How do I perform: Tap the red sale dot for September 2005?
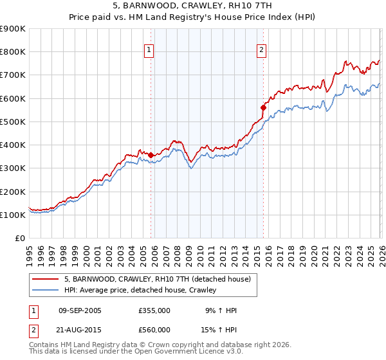click(151, 155)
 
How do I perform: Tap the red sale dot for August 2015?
click(263, 107)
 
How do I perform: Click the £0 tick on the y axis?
click(19, 238)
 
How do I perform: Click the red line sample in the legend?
click(46, 279)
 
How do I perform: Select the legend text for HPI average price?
click(140, 291)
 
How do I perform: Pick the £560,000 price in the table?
click(154, 330)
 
